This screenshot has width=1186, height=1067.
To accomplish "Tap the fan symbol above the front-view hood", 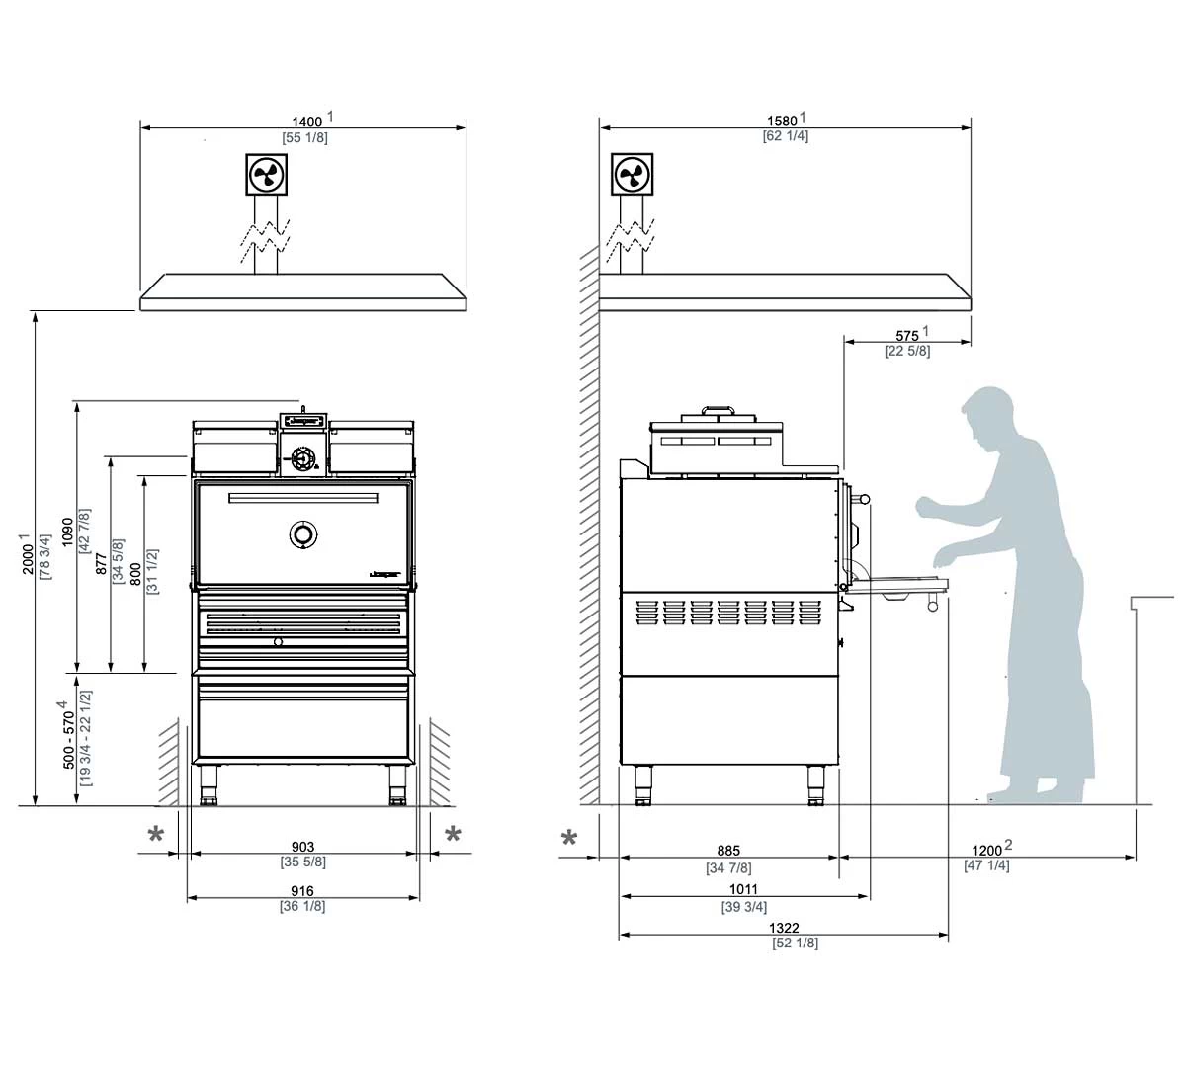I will [x=266, y=175].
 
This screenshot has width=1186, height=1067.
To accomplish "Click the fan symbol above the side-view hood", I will [x=632, y=175].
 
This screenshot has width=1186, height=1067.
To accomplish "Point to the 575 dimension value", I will [x=907, y=336].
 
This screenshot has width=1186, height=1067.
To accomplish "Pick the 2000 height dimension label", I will [x=29, y=558].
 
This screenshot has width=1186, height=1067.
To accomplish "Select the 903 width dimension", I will [x=302, y=847].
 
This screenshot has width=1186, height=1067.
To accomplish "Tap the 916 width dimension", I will [x=302, y=891].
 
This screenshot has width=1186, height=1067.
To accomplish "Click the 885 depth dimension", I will [x=728, y=851].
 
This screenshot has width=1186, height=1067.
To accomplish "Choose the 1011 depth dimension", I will [x=743, y=890].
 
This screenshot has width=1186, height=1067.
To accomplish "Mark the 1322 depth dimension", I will [x=782, y=929].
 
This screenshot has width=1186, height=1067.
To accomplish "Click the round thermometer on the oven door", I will [x=303, y=534].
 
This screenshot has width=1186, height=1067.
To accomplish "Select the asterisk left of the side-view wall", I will [x=569, y=839].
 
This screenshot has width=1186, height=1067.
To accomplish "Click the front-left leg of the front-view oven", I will [x=209, y=785].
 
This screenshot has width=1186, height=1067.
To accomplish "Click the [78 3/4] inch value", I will [x=45, y=558].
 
